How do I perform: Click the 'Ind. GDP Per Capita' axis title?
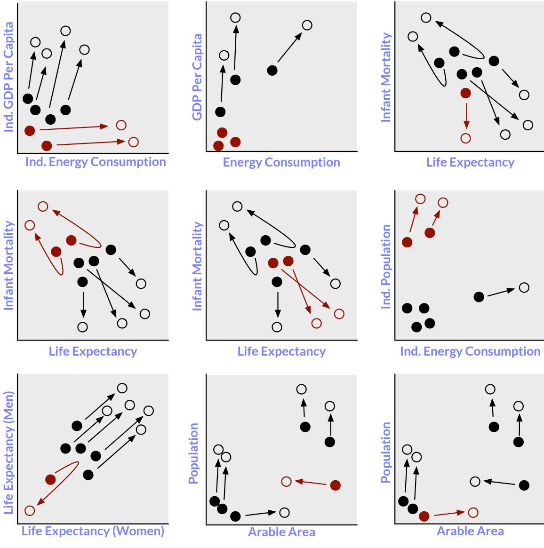tap(8, 78)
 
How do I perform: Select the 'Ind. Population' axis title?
tap(386, 266)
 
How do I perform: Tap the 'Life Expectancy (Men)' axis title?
tap(8, 453)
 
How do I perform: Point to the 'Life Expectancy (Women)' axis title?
tap(93, 531)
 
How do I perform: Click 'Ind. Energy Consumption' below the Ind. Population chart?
tap(470, 351)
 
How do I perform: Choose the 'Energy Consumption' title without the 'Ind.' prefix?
tap(281, 162)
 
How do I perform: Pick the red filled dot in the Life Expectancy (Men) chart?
tap(50, 480)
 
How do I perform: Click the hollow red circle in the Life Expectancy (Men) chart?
tap(30, 511)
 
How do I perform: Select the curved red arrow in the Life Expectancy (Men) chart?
tap(61, 480)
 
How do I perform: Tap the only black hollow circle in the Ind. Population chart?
tap(524, 287)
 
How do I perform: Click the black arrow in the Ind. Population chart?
tap(501, 292)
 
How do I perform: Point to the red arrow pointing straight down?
tap(466, 115)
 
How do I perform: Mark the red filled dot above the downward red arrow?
tap(465, 93)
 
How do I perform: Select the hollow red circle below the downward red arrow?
tap(465, 138)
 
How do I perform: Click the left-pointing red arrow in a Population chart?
tap(311, 483)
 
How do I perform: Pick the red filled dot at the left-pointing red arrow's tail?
tap(335, 485)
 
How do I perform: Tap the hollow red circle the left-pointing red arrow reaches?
tap(286, 482)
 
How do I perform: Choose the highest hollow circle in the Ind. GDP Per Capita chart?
tap(65, 31)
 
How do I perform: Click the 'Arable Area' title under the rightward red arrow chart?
tap(470, 531)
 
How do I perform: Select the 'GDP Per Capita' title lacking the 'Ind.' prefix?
tap(197, 77)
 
